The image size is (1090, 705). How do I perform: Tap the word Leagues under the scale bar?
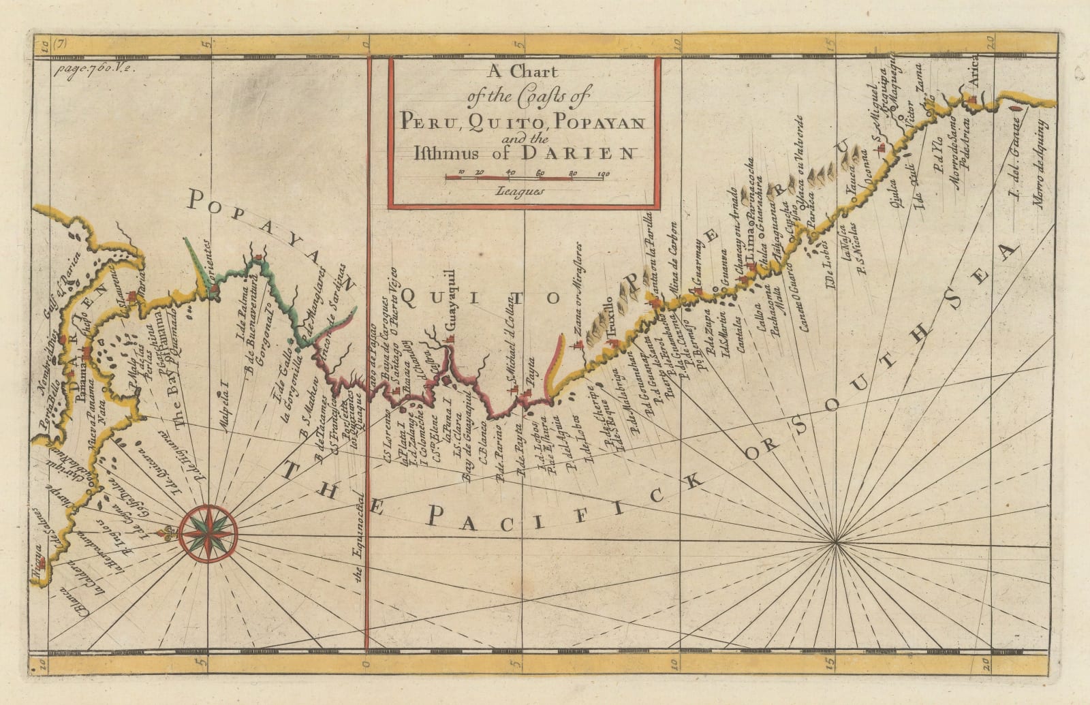522,192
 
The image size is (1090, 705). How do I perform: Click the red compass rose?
209,533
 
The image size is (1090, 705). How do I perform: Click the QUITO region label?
480,296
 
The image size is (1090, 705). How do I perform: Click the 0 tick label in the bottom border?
365,663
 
